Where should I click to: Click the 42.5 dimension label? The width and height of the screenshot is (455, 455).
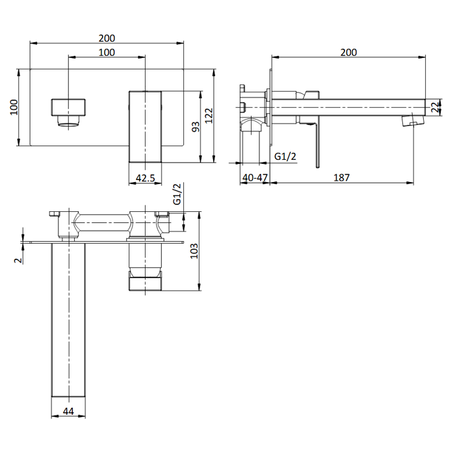click(x=146, y=177)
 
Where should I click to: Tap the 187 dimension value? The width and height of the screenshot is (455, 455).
click(x=341, y=177)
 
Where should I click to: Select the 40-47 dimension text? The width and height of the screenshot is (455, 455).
click(x=255, y=177)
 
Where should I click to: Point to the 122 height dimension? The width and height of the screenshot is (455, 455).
click(x=209, y=116)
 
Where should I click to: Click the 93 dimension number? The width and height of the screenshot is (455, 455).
click(x=196, y=127)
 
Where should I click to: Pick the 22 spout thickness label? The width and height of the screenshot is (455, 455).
click(x=435, y=107)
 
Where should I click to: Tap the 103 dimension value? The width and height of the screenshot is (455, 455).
click(x=194, y=251)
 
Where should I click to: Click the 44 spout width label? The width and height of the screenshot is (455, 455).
click(x=68, y=411)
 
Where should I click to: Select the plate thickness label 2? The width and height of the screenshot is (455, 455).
click(x=18, y=260)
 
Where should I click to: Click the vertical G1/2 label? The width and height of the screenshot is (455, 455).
click(x=177, y=194)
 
